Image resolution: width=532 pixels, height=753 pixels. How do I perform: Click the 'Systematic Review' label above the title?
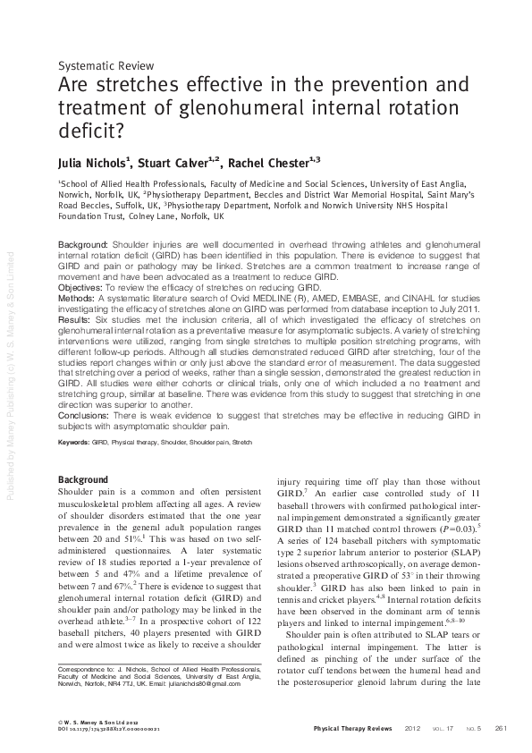tap(106, 66)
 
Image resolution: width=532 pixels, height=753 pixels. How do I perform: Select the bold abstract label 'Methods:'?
tap(78, 299)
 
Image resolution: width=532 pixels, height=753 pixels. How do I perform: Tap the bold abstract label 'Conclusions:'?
tap(86, 414)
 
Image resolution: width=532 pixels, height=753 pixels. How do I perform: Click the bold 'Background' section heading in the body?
tap(87, 481)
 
